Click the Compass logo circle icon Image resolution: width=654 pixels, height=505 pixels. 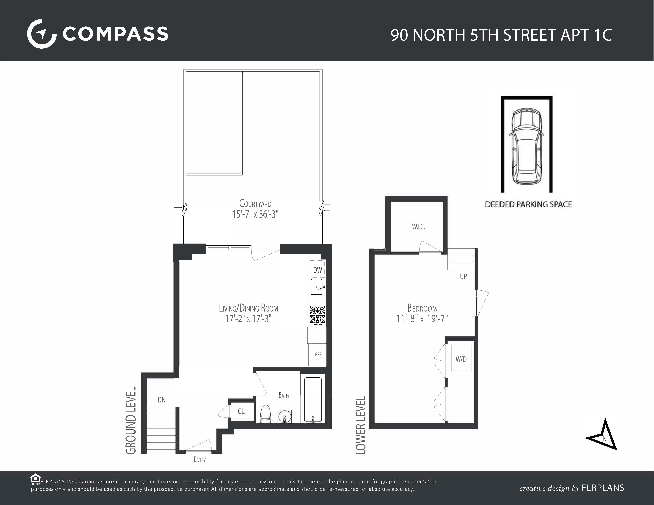(x=42, y=34)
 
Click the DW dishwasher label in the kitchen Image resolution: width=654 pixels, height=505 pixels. (x=317, y=270)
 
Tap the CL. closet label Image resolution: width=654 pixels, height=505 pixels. (x=241, y=412)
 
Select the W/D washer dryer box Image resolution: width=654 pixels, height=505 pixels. (x=461, y=359)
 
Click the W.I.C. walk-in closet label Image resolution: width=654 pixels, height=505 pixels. (x=418, y=227)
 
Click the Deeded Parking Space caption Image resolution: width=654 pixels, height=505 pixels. (x=528, y=204)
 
